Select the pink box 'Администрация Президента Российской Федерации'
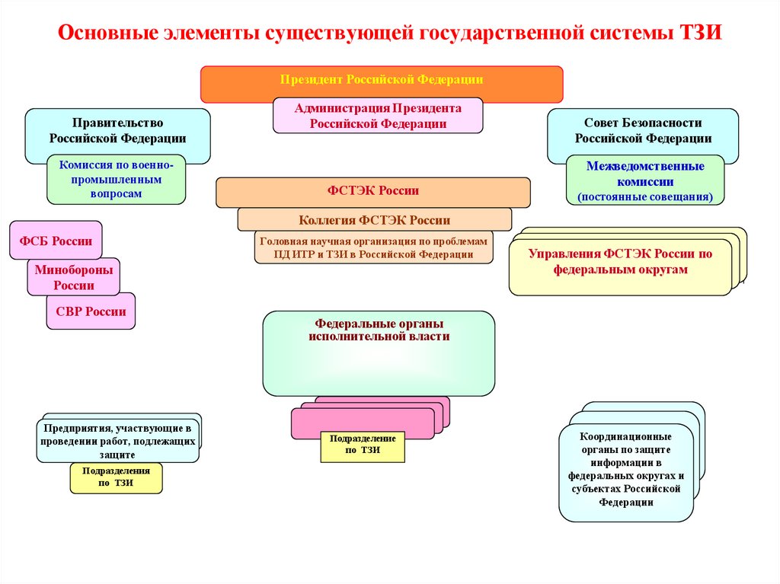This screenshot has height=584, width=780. point(378,116)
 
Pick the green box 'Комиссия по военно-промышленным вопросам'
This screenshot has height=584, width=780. point(116,179)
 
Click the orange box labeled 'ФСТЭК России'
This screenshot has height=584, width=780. point(372,192)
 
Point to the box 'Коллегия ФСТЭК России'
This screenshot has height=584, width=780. point(374,220)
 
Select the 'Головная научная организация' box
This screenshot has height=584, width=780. point(373,247)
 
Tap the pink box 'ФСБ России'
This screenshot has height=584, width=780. point(56,241)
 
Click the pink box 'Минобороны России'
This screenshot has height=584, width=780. point(73,278)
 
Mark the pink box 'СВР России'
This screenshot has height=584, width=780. point(91,311)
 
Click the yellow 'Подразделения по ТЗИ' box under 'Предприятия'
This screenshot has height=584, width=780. point(116,478)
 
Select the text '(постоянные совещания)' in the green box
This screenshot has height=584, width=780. point(644,197)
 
